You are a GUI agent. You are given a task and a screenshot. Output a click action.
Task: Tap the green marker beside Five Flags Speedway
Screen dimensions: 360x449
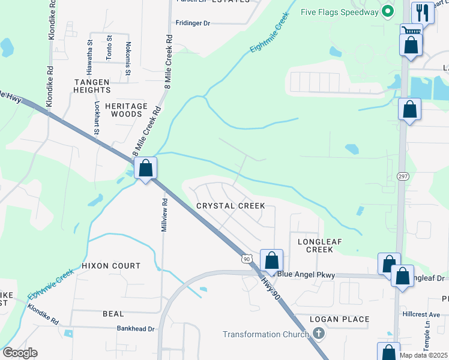click(388, 10)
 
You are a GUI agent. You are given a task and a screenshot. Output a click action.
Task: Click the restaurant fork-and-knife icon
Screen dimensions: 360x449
click(423, 13)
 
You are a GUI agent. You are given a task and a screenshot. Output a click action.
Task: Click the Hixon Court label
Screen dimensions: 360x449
click(111, 265)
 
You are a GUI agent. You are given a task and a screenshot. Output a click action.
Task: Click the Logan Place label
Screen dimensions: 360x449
click(340, 319)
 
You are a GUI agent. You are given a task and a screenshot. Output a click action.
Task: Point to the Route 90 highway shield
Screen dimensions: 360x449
click(246, 259)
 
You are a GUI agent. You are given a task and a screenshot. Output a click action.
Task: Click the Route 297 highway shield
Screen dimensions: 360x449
click(403, 175)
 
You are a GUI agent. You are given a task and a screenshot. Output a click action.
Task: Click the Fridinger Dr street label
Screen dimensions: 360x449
click(193, 23)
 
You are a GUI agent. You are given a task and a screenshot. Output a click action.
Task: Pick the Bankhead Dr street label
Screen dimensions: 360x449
click(136, 329)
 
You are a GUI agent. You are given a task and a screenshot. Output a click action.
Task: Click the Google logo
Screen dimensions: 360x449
click(19, 353)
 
